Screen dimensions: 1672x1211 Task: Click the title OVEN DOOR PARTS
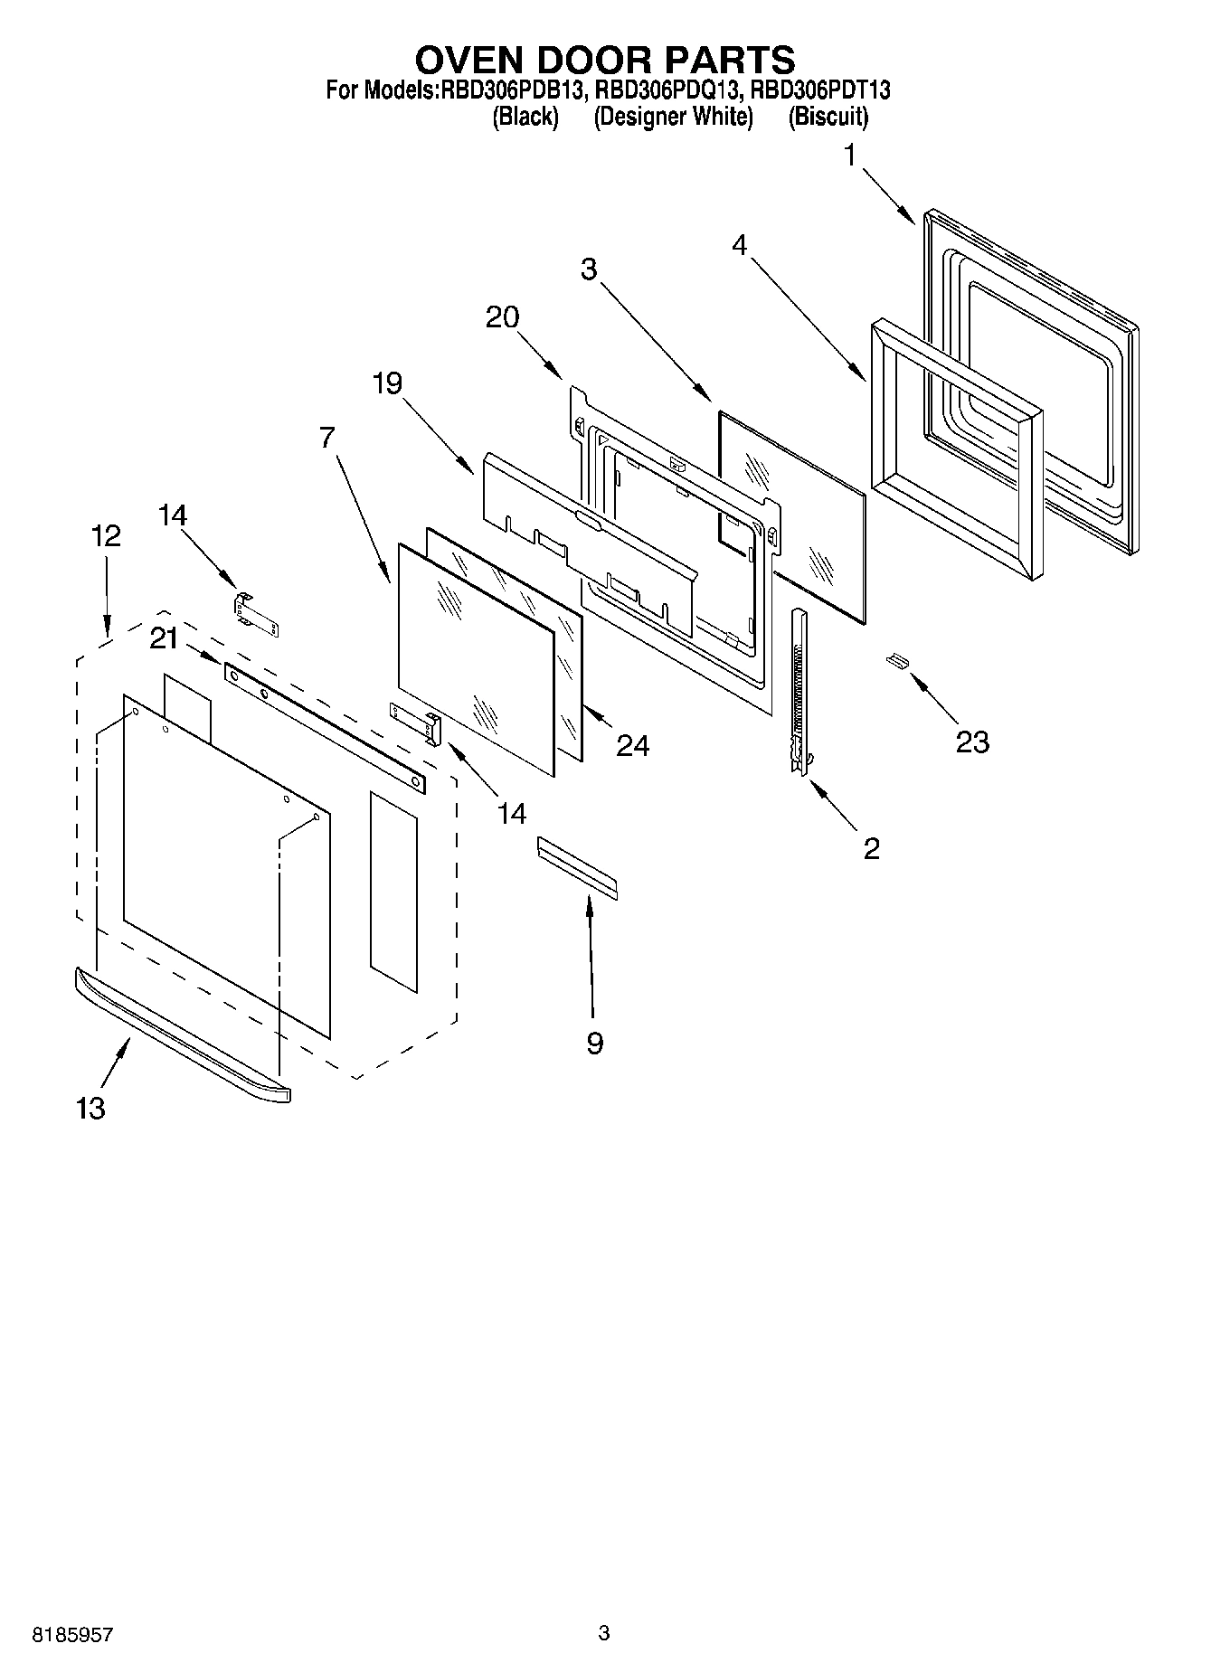(604, 60)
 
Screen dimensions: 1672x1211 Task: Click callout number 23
(972, 742)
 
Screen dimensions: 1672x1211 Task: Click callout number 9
(594, 1044)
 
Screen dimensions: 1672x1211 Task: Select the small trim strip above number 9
(577, 867)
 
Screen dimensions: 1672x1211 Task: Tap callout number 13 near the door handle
(91, 1108)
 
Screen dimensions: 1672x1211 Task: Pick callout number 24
(632, 745)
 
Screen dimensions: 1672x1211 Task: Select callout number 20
(503, 317)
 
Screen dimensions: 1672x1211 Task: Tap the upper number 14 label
(172, 515)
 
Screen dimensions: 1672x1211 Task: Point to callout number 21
(164, 638)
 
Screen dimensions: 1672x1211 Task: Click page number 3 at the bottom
(604, 1633)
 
